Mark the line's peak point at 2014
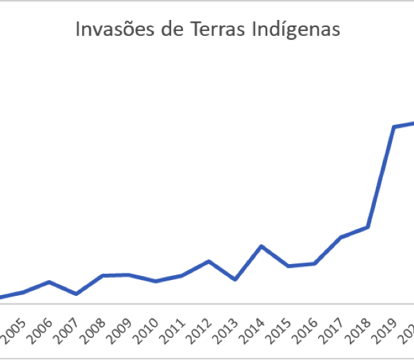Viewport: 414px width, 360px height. click(x=261, y=246)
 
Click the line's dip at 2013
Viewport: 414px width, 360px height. click(x=235, y=279)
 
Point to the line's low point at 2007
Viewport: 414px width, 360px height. click(x=75, y=294)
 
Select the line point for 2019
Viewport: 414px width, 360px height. click(x=394, y=127)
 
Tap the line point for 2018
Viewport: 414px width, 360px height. click(x=368, y=227)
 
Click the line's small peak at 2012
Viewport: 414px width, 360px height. click(x=208, y=261)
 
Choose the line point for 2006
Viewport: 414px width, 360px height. click(x=48, y=282)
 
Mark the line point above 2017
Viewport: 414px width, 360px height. click(x=341, y=237)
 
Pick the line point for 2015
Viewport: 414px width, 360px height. click(x=288, y=266)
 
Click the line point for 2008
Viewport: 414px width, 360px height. click(x=102, y=275)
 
